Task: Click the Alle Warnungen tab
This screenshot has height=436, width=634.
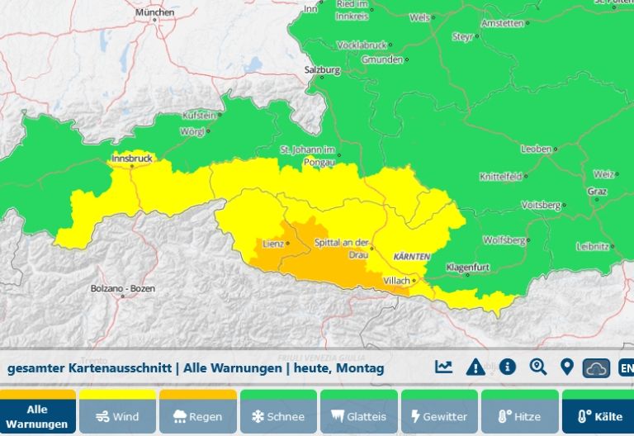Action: pyautogui.click(x=37, y=413)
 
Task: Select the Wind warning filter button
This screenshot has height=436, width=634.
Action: pyautogui.click(x=118, y=416)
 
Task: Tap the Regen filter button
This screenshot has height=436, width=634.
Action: pyautogui.click(x=198, y=416)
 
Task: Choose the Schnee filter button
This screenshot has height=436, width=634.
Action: pyautogui.click(x=278, y=416)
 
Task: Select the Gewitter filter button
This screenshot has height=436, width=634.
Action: pyautogui.click(x=439, y=416)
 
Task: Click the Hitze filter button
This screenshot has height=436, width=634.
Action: pyautogui.click(x=518, y=416)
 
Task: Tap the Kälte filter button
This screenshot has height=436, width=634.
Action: pyautogui.click(x=599, y=416)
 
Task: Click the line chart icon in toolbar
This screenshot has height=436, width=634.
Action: pyautogui.click(x=444, y=367)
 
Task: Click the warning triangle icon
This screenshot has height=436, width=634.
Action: pyautogui.click(x=475, y=367)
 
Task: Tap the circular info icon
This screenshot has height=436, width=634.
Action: pyautogui.click(x=507, y=367)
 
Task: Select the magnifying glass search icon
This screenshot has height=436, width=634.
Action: pyautogui.click(x=538, y=367)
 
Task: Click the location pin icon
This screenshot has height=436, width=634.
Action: pyautogui.click(x=567, y=367)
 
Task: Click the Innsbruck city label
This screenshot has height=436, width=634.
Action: pyautogui.click(x=132, y=159)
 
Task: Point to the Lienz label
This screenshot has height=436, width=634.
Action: pyautogui.click(x=272, y=244)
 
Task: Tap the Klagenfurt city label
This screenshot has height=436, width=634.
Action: pyautogui.click(x=468, y=268)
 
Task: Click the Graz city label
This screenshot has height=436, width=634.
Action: pyautogui.click(x=598, y=192)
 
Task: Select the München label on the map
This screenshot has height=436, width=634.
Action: pyautogui.click(x=154, y=13)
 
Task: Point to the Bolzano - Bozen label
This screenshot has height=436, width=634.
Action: pyautogui.click(x=122, y=288)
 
